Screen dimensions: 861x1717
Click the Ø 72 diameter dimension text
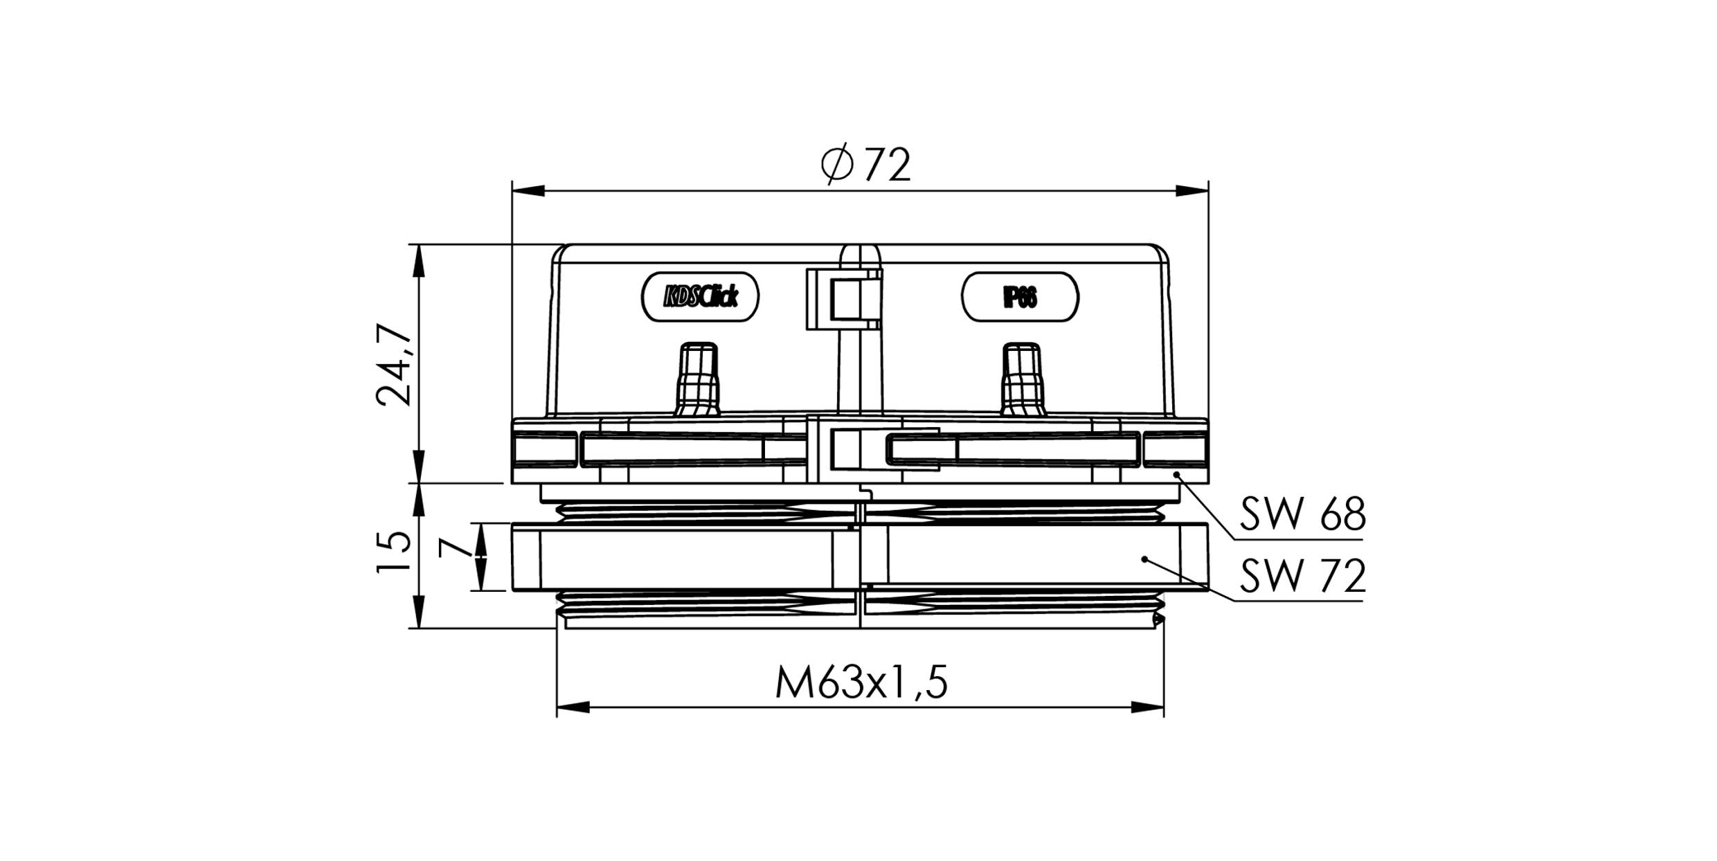pyautogui.click(x=865, y=165)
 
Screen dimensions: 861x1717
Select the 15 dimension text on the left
pyautogui.click(x=394, y=552)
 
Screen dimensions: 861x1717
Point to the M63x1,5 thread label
pyautogui.click(x=861, y=683)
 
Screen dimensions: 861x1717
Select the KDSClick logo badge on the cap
pyautogui.click(x=701, y=297)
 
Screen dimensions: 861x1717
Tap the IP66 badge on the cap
pyautogui.click(x=1020, y=298)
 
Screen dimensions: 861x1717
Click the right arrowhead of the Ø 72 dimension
pyautogui.click(x=1192, y=191)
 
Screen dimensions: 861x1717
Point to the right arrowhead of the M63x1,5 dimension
pyautogui.click(x=1147, y=707)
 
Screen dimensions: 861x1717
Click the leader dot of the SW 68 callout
pyautogui.click(x=1176, y=474)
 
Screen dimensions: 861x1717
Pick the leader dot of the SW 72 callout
pyautogui.click(x=1145, y=559)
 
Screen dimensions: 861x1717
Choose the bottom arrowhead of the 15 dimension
pyautogui.click(x=419, y=613)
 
